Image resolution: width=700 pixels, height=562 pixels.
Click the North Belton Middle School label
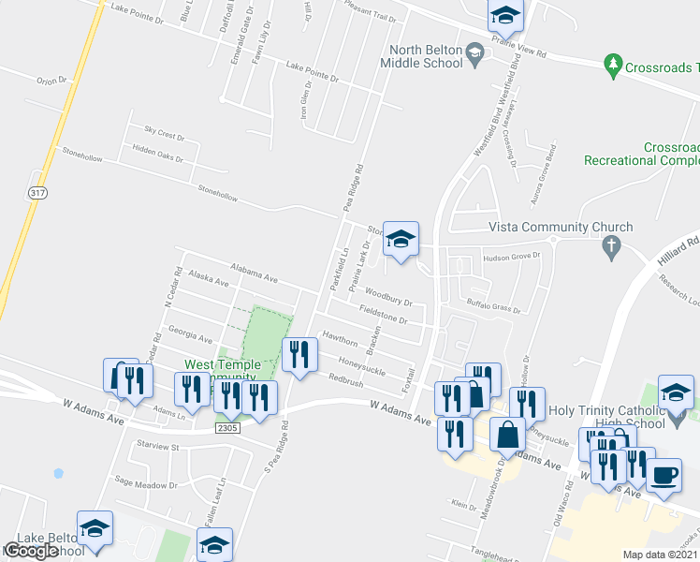coord(421,56)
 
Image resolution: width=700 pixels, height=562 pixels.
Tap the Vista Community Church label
coord(561,227)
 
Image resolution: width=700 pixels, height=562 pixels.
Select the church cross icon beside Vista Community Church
coord(612,248)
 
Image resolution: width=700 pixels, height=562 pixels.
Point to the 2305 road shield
coord(227,428)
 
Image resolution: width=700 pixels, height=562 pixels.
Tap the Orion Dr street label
coord(53,81)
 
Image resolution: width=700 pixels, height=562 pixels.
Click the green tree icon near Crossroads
coord(614,64)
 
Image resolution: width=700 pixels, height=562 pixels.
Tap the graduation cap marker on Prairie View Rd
coord(505,15)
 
